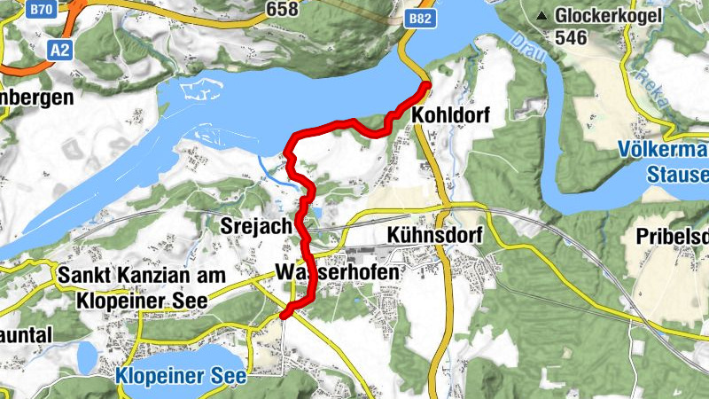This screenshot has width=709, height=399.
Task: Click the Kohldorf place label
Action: [451, 115]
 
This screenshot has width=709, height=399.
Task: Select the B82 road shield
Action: [419, 18]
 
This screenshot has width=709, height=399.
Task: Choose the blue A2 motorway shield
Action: [58, 51]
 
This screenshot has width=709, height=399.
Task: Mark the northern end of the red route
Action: [425, 85]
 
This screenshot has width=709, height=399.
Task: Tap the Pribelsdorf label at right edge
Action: [672, 237]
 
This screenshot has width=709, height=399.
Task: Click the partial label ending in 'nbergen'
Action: [35, 98]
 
